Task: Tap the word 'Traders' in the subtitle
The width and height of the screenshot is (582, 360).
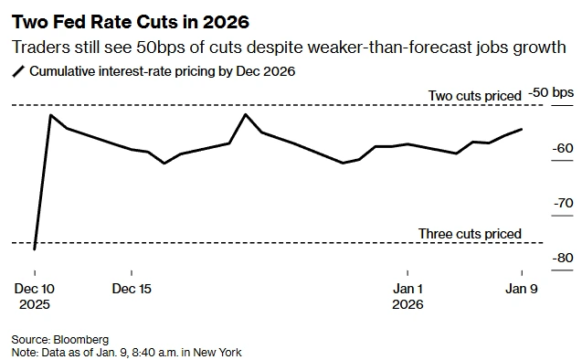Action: pos(40,48)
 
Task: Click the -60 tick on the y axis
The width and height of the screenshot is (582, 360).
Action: pos(563,148)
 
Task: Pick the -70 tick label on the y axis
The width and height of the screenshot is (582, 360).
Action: pos(563,203)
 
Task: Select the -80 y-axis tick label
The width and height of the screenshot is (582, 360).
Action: pos(563,258)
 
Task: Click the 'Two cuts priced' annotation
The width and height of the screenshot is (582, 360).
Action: pos(475,95)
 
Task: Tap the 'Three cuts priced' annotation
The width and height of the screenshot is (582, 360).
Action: pos(470,234)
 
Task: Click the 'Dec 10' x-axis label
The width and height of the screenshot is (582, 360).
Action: pos(34,289)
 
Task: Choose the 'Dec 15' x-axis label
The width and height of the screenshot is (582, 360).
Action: pos(132,289)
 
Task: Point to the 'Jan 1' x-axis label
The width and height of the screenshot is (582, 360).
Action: pos(407,289)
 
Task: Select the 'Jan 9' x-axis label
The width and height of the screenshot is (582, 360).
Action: pos(522,289)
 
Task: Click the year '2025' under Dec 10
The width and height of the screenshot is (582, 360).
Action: pos(34,304)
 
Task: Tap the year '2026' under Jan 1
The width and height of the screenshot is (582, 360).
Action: pos(407,304)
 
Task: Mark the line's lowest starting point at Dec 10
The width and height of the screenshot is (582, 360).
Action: pos(34,249)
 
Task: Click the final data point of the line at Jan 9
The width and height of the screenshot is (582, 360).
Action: pos(522,129)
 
